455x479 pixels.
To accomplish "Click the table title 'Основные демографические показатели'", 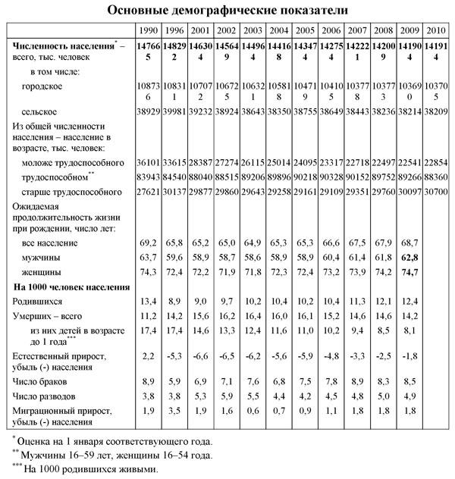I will [227, 11].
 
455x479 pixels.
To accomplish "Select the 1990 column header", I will [149, 30].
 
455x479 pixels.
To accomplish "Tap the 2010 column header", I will [436, 30].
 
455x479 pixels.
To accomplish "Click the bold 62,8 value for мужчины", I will [409, 258].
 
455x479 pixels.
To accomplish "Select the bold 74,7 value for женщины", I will [409, 271].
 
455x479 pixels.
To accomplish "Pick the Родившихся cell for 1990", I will [149, 302].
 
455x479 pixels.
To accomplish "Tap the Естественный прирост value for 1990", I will [149, 355].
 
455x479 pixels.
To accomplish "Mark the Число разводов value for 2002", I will [227, 394].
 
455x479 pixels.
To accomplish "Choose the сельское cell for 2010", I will [436, 111].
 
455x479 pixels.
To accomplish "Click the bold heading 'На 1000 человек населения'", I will [67, 287].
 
